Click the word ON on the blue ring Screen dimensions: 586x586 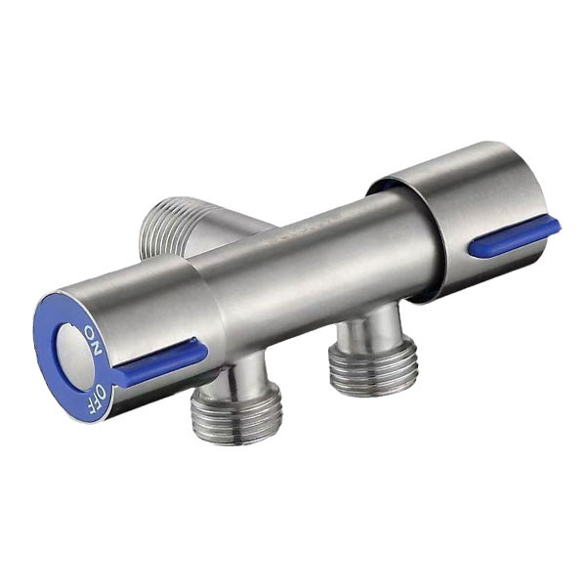(93, 341)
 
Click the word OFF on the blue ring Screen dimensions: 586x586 (96, 398)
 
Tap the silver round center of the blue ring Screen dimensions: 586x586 (75, 353)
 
